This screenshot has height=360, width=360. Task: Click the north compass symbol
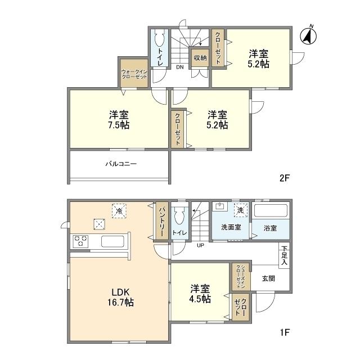pyautogui.click(x=308, y=35)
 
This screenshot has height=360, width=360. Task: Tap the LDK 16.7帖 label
pyautogui.click(x=121, y=297)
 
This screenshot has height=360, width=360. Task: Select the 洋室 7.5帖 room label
pyautogui.click(x=119, y=120)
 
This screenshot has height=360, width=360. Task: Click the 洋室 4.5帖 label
pyautogui.click(x=200, y=294)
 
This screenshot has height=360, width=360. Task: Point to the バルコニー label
pyautogui.click(x=121, y=164)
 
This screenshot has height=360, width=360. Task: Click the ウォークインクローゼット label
pyautogui.click(x=134, y=74)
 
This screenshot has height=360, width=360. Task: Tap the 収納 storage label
pyautogui.click(x=200, y=58)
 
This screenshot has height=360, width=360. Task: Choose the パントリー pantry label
pyautogui.click(x=162, y=222)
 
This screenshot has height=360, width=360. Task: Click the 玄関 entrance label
pyautogui.click(x=268, y=278)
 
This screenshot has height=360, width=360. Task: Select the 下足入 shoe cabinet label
pyautogui.click(x=284, y=255)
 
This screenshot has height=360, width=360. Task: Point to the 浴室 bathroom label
pyautogui.click(x=270, y=228)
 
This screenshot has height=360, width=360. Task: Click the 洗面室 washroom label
pyautogui.click(x=231, y=227)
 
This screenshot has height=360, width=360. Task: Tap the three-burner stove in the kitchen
pyautogui.click(x=80, y=241)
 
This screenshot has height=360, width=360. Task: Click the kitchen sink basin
pyautogui.click(x=112, y=241)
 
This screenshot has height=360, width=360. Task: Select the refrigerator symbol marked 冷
pyautogui.click(x=119, y=211)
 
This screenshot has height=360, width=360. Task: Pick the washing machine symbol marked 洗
pyautogui.click(x=241, y=210)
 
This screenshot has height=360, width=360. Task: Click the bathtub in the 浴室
pyautogui.click(x=271, y=210)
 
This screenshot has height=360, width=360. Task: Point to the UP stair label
pyautogui.click(x=200, y=245)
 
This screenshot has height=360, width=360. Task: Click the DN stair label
pyautogui.click(x=180, y=67)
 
